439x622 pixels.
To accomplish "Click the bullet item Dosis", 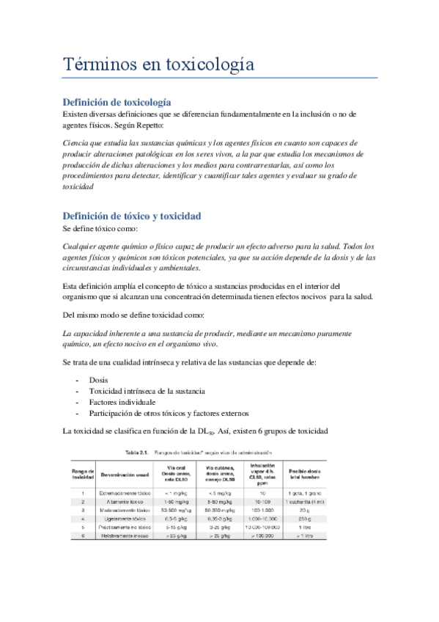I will coord(98,381).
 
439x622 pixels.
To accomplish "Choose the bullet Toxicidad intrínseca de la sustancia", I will coord(147,392).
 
